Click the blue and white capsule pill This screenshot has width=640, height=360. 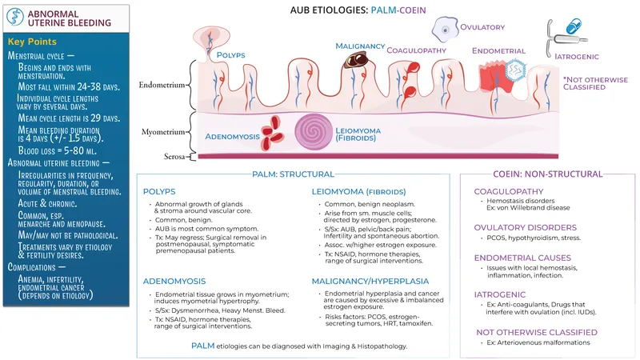590,31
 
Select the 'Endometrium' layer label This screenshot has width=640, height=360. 163,84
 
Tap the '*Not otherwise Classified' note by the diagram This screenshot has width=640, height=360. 595,84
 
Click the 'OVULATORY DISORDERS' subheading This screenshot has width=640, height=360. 525,227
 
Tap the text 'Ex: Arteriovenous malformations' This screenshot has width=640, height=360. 538,342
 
